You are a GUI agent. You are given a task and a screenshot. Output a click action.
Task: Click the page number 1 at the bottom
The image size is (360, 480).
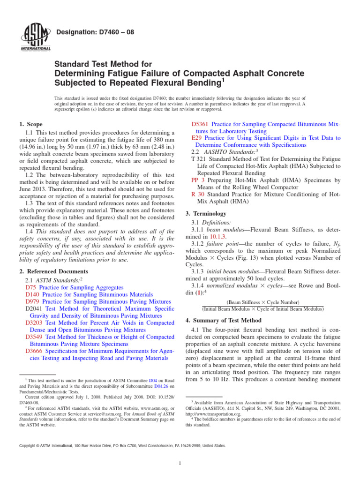coord(180,464)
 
